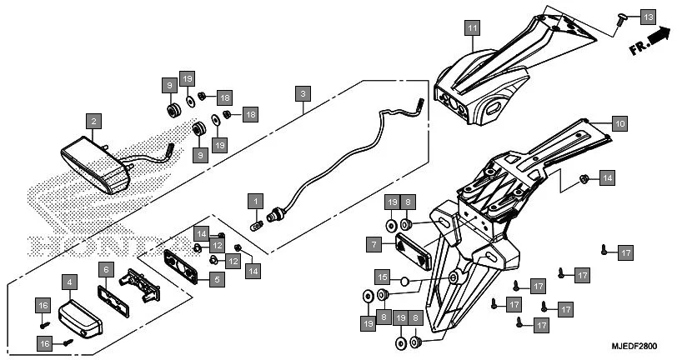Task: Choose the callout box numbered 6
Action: (x=106, y=269)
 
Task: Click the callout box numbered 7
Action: (x=375, y=244)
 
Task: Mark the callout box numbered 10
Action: (x=618, y=122)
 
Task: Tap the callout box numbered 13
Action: (x=648, y=17)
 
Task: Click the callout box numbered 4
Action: (x=70, y=283)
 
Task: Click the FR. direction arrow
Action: (x=649, y=42)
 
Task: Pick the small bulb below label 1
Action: (x=258, y=223)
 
